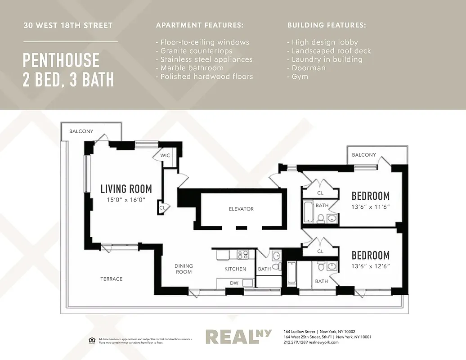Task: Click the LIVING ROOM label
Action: coord(126,189)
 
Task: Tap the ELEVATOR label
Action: coord(241,209)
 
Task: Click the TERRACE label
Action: coord(111,279)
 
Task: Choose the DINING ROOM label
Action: coord(184,269)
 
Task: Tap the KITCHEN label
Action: coord(235,269)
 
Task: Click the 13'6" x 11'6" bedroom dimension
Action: coord(371,207)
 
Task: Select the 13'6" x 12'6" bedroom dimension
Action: coord(371,266)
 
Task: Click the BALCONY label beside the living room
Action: coord(81,131)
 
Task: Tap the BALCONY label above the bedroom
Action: coord(364,155)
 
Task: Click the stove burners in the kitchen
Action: coord(243,255)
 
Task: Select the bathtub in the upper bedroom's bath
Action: coord(308,212)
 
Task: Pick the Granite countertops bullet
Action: coord(196,51)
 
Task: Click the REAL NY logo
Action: coord(238,337)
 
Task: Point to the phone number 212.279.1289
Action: coord(299,342)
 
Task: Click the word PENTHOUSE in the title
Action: coord(61,60)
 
